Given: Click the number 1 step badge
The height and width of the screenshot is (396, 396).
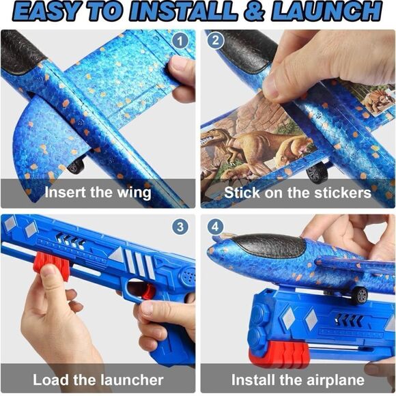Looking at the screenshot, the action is tap(180, 41).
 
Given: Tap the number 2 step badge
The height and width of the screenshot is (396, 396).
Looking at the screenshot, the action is tap(215, 40).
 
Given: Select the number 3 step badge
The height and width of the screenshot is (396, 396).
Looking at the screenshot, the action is tap(180, 226).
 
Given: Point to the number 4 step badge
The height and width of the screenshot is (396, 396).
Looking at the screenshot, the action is tap(215, 226).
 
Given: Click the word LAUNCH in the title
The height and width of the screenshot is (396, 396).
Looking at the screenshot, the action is tap(326, 12).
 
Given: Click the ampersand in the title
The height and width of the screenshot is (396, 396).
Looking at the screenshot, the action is tap(254, 12).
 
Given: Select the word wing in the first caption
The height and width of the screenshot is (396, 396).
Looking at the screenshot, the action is tap(134, 193).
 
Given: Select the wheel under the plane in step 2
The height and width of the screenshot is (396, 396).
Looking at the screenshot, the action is tap(317, 173).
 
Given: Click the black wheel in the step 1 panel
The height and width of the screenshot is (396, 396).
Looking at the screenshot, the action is tap(76, 165).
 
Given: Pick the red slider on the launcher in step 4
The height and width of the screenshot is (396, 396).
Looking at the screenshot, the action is tap(279, 354).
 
